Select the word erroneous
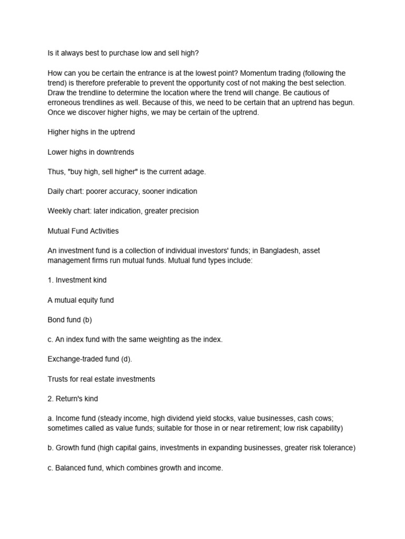64,103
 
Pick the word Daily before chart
56,191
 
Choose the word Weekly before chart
61,211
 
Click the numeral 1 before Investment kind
50,281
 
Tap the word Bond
56,320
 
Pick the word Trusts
58,379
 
